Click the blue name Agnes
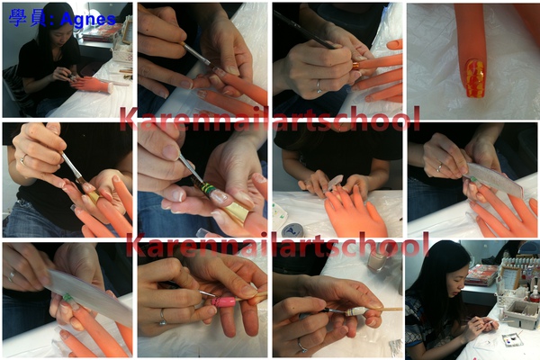pyautogui.click(x=88, y=20)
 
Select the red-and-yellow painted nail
pyautogui.click(x=475, y=78)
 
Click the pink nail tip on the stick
pyautogui.click(x=224, y=301)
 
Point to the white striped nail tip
pyautogui.click(x=357, y=311)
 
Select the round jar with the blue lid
pyautogui.click(x=292, y=229)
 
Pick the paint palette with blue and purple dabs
pyautogui.click(x=512, y=340)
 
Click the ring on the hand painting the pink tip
pyautogui.click(x=162, y=317)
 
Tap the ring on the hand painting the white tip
pyautogui.click(x=301, y=346)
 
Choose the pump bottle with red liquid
pyautogui.click(x=535, y=294)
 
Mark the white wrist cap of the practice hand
pyautogui.click(x=110, y=87)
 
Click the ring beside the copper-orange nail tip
pyautogui.click(x=319, y=86)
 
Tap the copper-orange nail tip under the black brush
pyautogui.click(x=355, y=66)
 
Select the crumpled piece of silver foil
pyautogui.click(x=395, y=346)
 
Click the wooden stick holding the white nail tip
pyautogui.click(x=385, y=309)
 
